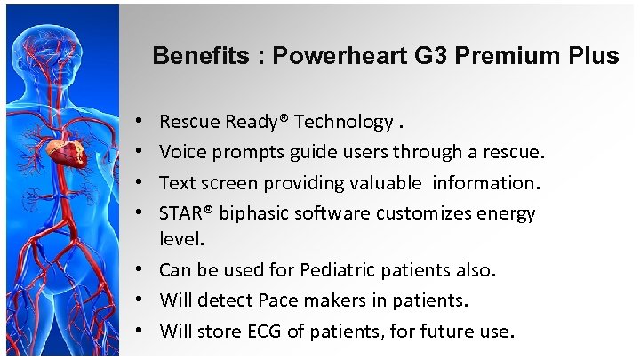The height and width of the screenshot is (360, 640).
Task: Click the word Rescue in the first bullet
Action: [190, 122]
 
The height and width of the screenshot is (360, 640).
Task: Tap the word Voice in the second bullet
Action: [181, 153]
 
